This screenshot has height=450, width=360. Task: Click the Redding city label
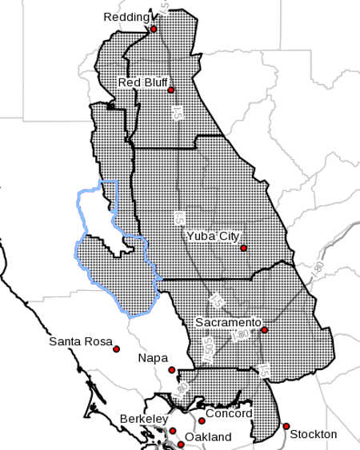(x=126, y=17)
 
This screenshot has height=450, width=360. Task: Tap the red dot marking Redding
(x=154, y=30)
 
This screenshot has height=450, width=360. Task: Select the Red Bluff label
(x=142, y=82)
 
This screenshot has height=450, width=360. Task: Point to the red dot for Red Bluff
(x=171, y=90)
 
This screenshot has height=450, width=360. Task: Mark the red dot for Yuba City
(x=243, y=248)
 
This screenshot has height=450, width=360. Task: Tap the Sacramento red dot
(x=264, y=329)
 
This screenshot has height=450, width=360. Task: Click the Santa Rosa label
(x=78, y=342)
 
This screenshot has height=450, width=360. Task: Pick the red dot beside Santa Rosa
(x=117, y=349)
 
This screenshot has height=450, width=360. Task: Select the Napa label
(x=153, y=358)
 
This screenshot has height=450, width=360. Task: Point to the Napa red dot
(x=172, y=369)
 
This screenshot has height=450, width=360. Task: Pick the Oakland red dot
(x=179, y=439)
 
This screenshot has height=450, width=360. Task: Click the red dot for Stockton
(x=286, y=426)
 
